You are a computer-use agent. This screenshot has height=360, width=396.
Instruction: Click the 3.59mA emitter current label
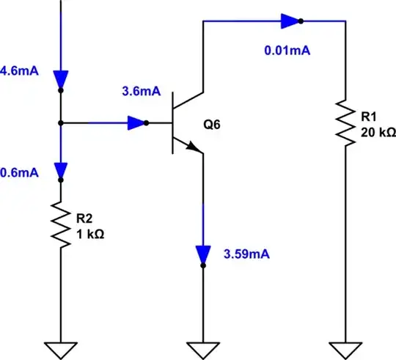click(x=246, y=255)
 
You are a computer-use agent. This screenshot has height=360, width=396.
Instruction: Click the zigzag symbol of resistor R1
click(x=345, y=121)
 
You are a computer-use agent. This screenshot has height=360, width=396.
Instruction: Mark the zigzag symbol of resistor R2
click(x=60, y=225)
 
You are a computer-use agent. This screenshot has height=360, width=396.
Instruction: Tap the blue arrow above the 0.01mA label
click(x=290, y=22)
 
